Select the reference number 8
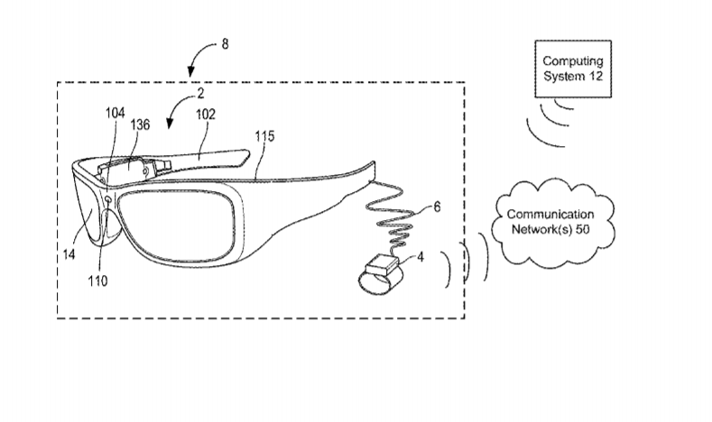(225, 44)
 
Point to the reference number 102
(205, 115)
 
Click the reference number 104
(116, 113)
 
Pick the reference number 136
(140, 124)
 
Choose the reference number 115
(264, 136)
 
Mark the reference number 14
(69, 254)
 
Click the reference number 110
(97, 281)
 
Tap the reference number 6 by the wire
(437, 206)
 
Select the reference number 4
(421, 257)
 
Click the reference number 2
(200, 94)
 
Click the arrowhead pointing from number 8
(191, 72)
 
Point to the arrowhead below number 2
(170, 124)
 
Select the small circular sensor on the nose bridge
(108, 199)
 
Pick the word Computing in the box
(573, 61)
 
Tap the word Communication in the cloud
(550, 215)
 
